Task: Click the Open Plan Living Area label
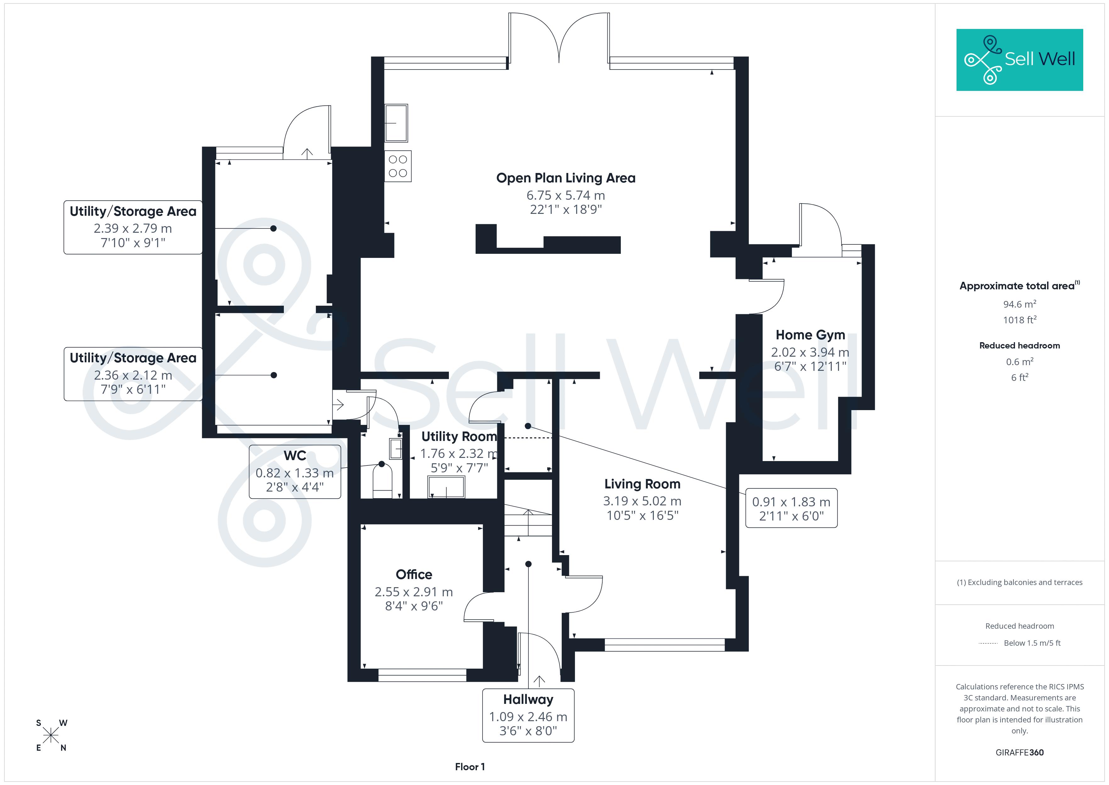pyautogui.click(x=566, y=178)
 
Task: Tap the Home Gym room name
pyautogui.click(x=810, y=335)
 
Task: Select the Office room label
pyautogui.click(x=414, y=574)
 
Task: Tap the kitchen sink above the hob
pyautogui.click(x=396, y=123)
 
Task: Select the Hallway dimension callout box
pyautogui.click(x=528, y=715)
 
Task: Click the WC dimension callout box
pyautogui.click(x=295, y=472)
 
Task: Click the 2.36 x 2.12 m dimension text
pyautogui.click(x=133, y=375)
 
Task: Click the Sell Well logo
pyautogui.click(x=1020, y=60)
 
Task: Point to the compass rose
pyautogui.click(x=51, y=736)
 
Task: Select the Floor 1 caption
pyautogui.click(x=470, y=767)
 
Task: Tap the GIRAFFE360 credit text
pyautogui.click(x=1020, y=753)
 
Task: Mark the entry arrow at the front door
pyautogui.click(x=539, y=681)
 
